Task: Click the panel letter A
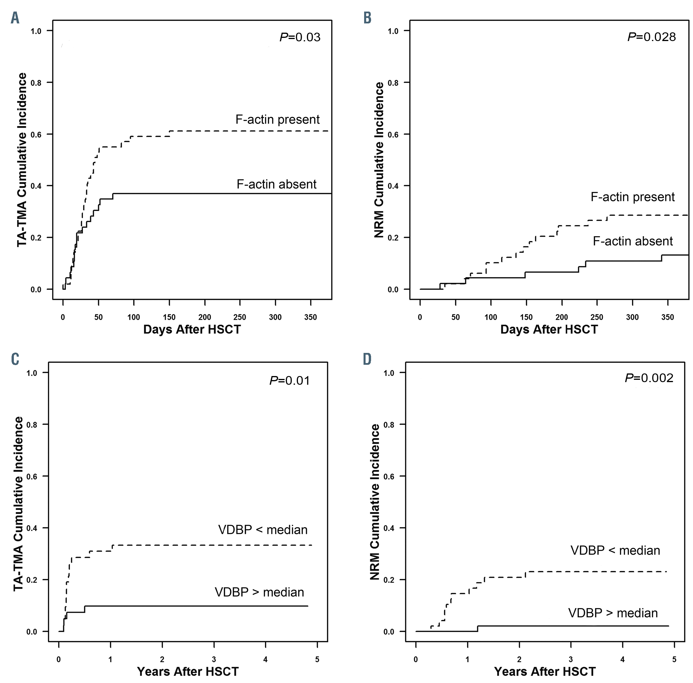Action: coord(15,18)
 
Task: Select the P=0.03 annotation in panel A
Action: coord(300,37)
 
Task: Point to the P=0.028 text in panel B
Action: coord(651,37)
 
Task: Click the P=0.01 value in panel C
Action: coord(290,380)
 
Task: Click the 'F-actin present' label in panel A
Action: coord(277,119)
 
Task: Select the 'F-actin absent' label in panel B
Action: coord(633,241)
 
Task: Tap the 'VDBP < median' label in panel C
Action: coord(263,530)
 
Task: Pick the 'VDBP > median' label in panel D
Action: coord(613,613)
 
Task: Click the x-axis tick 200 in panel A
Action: coord(205,317)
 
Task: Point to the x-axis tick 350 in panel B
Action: coord(668,317)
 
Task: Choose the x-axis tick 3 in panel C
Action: coord(214,659)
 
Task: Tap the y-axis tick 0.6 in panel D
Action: coord(389,476)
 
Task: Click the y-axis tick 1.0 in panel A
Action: coord(36,31)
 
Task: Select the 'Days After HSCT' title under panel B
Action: coord(549,329)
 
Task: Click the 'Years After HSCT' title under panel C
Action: coord(188,671)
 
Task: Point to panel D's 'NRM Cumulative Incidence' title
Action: coord(375,502)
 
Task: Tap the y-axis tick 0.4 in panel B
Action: coord(393,186)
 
